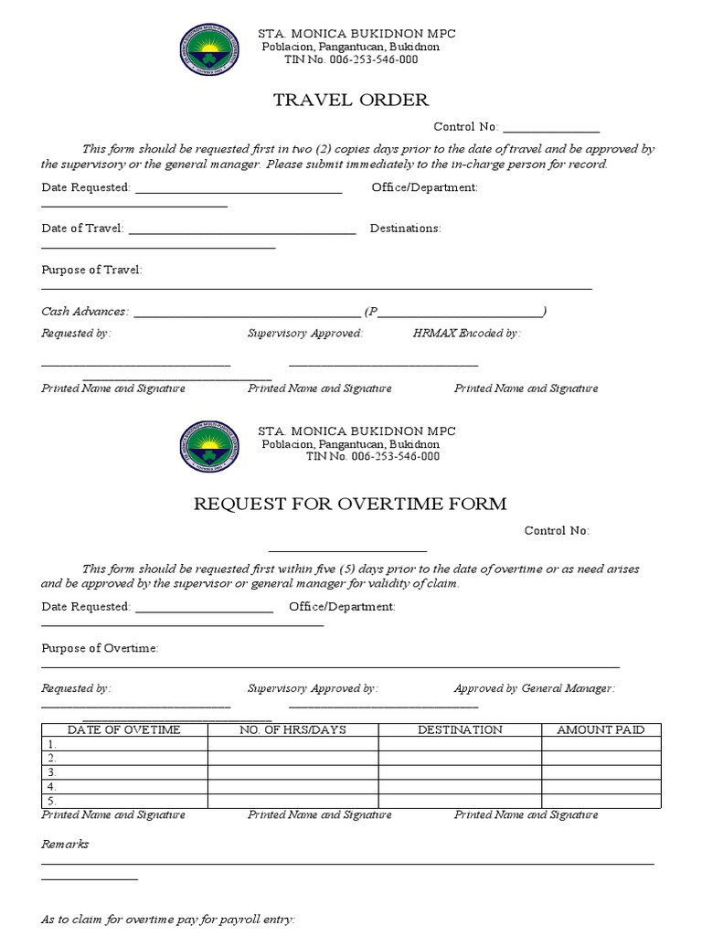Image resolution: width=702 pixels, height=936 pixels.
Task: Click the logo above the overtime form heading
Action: (213, 446)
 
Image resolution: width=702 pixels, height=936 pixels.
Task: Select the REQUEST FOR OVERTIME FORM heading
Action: (348, 504)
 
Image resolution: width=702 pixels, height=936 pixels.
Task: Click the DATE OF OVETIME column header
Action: (124, 729)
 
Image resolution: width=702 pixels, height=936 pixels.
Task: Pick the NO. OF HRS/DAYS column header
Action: (292, 729)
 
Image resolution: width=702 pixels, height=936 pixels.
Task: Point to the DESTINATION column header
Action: (460, 729)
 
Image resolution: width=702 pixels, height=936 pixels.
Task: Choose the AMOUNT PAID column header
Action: (601, 729)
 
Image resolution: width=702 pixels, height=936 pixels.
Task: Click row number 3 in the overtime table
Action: (52, 772)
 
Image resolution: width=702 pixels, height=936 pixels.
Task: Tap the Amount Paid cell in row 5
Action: (601, 801)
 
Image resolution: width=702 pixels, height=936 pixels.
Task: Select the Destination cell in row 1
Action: (460, 744)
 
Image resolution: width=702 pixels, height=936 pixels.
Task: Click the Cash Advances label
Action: (85, 312)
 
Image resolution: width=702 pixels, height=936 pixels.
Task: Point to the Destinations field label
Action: (405, 229)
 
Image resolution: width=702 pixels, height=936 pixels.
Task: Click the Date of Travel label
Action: (82, 229)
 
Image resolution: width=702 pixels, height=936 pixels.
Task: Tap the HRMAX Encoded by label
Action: (466, 334)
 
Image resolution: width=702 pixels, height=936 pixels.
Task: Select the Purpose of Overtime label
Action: (100, 648)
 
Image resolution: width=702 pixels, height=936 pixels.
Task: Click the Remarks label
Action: (65, 844)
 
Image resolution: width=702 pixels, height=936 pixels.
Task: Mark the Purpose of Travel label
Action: (91, 270)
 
